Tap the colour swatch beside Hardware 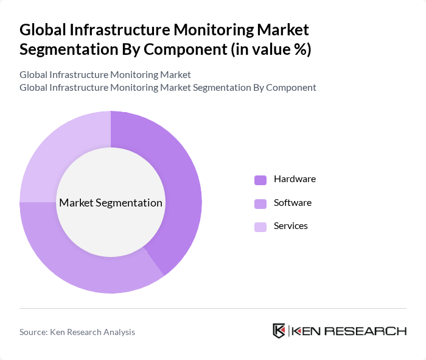pyautogui.click(x=260, y=180)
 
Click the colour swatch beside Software pyautogui.click(x=260, y=203)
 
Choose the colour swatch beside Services pyautogui.click(x=260, y=227)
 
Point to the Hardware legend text pyautogui.click(x=295, y=179)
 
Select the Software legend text pyautogui.click(x=293, y=202)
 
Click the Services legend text pyautogui.click(x=291, y=225)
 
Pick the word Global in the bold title pyautogui.click(x=43, y=29)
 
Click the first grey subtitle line pyautogui.click(x=105, y=74)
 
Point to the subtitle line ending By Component pyautogui.click(x=168, y=87)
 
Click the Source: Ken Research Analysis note pyautogui.click(x=77, y=332)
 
